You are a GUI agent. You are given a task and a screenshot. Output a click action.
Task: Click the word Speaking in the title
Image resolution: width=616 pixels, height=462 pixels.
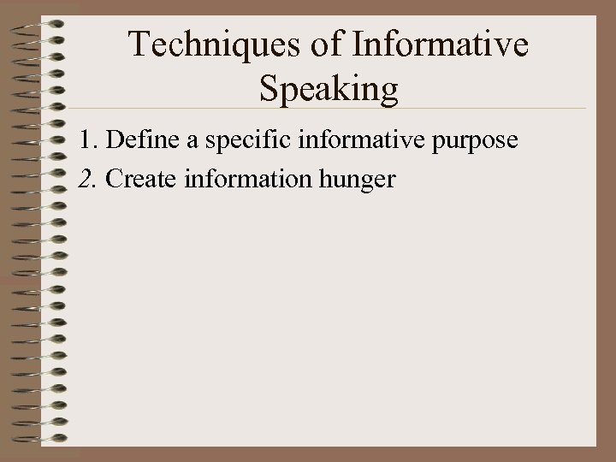(328, 89)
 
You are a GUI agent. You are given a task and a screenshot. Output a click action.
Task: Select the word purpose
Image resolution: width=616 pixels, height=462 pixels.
(475, 142)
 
